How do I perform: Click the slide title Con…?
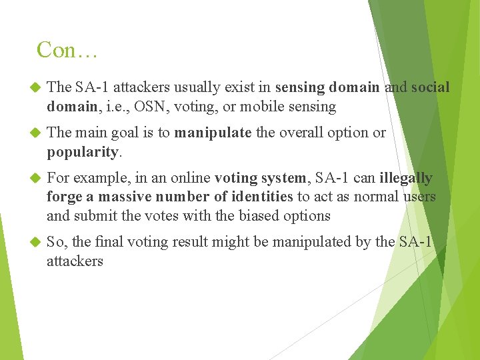coord(67,50)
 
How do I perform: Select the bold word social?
coord(431,87)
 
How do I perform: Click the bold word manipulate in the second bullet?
coord(213,133)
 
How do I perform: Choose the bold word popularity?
coord(83,152)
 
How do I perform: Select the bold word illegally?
coord(406,178)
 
